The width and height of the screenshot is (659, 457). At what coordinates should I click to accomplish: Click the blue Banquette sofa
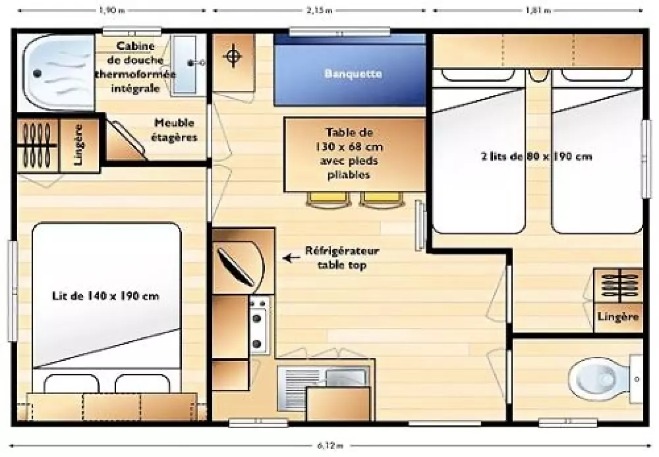[350, 70]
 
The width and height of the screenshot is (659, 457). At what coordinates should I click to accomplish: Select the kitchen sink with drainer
[323, 388]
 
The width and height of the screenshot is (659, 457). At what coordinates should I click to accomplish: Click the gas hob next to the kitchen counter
[258, 325]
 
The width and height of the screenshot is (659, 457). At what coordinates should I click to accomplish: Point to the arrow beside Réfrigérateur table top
[291, 257]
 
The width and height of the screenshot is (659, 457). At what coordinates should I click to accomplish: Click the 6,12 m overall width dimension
[329, 446]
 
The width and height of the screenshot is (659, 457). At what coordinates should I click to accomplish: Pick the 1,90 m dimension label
[112, 11]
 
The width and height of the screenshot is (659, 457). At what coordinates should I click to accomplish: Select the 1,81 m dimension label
[538, 11]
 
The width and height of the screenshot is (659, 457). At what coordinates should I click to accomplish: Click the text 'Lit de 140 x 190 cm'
[105, 296]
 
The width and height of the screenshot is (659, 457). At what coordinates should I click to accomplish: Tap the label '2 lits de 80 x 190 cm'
[536, 157]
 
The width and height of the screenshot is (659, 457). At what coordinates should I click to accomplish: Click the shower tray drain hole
[38, 74]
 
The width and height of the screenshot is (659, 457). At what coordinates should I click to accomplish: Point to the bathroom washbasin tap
[196, 63]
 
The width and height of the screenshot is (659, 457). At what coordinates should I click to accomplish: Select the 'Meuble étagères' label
[174, 130]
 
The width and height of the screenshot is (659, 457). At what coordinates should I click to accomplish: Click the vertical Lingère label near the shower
[78, 145]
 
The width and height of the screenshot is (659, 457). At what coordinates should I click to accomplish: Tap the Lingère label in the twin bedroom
[618, 316]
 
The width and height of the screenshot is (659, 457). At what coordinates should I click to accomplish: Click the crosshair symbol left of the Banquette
[233, 56]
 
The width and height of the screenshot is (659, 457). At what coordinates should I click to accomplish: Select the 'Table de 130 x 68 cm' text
[349, 140]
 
